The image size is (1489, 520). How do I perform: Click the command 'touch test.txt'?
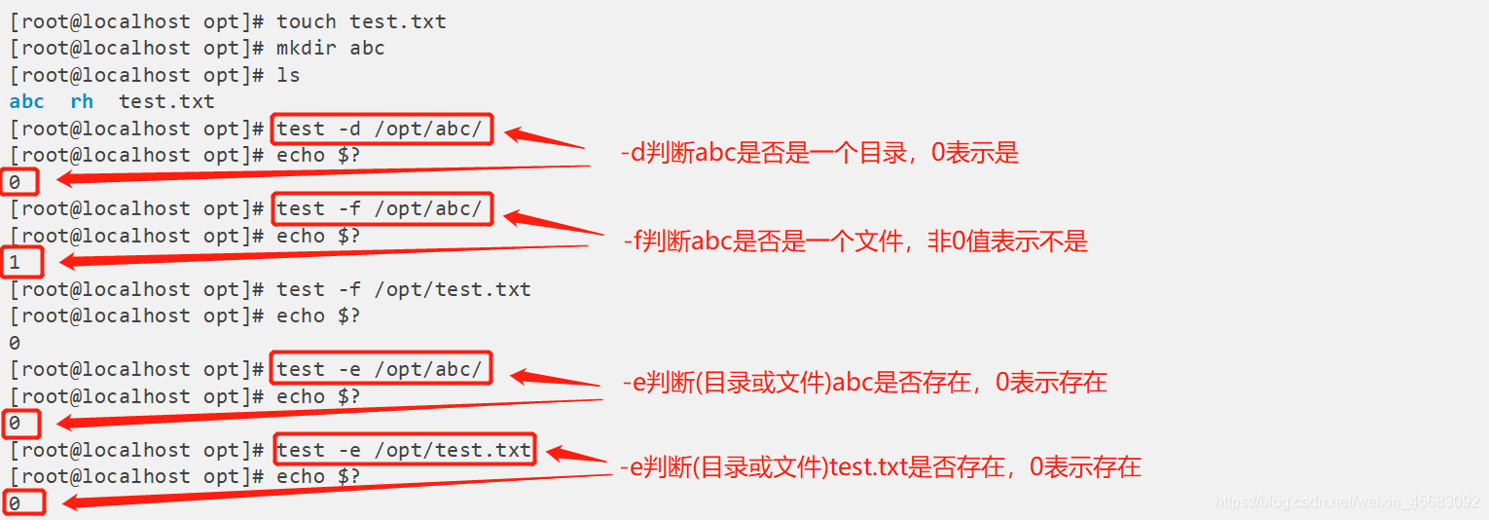click(361, 21)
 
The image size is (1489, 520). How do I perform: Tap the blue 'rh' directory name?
click(82, 101)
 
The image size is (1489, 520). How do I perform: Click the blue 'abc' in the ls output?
click(27, 101)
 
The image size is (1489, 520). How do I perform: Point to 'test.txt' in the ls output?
click(166, 101)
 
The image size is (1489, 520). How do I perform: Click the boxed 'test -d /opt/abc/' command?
click(380, 129)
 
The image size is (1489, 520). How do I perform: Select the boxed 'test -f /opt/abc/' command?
click(380, 208)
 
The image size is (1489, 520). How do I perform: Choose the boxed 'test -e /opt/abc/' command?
click(380, 369)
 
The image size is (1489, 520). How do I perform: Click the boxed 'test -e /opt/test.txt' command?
click(404, 450)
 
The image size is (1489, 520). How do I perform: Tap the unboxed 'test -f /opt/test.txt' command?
click(404, 289)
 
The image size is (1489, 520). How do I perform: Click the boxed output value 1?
click(16, 262)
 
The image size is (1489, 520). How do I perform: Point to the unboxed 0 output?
click(15, 343)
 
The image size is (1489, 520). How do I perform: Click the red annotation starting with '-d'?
click(819, 154)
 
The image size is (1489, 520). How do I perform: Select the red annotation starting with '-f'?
click(854, 241)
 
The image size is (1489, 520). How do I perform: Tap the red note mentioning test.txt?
click(880, 467)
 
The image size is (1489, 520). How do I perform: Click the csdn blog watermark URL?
click(1347, 502)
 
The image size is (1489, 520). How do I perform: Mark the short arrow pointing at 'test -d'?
click(545, 138)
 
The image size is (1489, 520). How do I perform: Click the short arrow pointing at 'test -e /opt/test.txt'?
click(576, 456)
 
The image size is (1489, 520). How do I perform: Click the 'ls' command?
click(288, 75)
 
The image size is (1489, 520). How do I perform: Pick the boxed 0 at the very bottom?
click(16, 503)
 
